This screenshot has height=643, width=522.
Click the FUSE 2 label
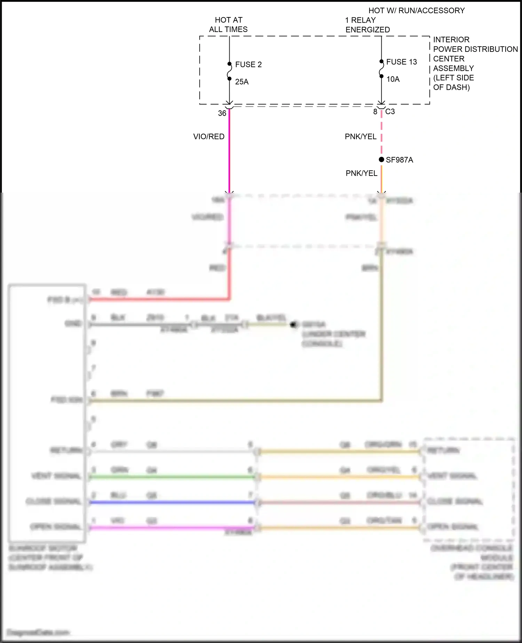click(248, 64)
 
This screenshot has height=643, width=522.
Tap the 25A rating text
click(242, 82)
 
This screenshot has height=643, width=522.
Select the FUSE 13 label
click(401, 62)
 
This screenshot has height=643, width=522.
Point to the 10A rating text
click(393, 79)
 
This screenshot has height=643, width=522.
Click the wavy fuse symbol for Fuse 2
click(229, 71)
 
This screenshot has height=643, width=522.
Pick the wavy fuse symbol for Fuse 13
click(381, 69)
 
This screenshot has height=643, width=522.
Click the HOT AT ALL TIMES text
click(228, 25)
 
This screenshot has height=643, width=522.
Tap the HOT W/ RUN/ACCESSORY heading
click(417, 11)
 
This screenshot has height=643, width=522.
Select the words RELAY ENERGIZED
click(367, 25)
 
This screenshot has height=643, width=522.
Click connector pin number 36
click(222, 113)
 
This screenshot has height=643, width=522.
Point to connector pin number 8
click(375, 112)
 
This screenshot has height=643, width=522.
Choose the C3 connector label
click(390, 112)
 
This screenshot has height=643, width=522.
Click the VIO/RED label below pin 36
click(209, 137)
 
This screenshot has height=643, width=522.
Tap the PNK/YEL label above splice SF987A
click(361, 137)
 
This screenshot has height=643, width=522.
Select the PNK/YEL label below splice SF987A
click(361, 173)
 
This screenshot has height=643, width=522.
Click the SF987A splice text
click(400, 160)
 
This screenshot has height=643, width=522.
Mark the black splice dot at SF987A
click(381, 160)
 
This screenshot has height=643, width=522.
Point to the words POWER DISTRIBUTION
click(475, 49)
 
